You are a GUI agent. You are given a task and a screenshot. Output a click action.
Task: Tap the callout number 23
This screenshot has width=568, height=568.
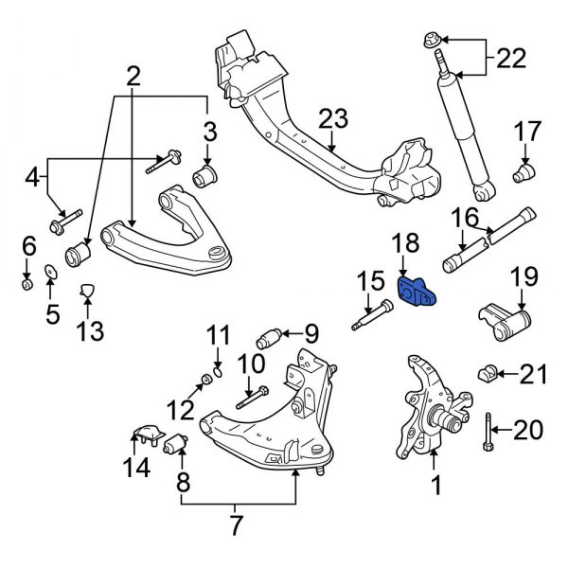tap(333, 119)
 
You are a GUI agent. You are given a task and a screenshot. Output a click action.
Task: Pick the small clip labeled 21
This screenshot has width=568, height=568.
tap(491, 372)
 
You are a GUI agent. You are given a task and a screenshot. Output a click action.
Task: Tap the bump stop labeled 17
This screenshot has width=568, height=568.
tap(523, 174)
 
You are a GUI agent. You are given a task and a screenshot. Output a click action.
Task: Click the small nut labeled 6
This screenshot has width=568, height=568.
tap(27, 283)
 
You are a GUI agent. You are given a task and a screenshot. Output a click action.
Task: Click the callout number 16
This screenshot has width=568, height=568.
tap(465, 220)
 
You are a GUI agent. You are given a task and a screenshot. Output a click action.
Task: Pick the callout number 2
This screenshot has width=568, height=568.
tap(132, 73)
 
